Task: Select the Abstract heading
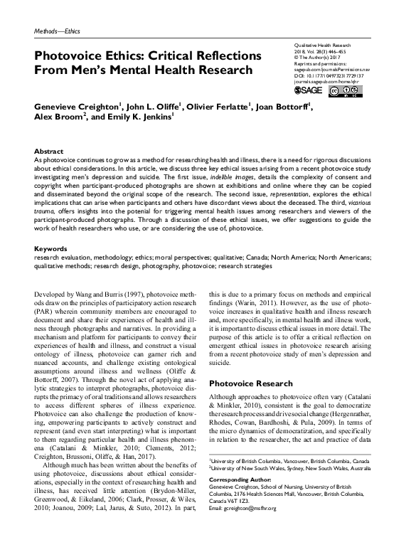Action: click(49, 152)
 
